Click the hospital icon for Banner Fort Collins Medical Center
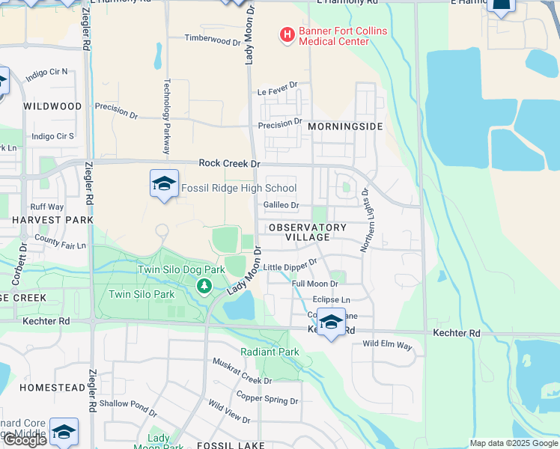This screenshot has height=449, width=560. click(x=286, y=34)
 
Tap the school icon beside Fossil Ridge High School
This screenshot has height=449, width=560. click(x=164, y=184)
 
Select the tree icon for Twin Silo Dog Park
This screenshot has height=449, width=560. click(x=203, y=285)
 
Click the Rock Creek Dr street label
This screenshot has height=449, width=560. click(x=229, y=163)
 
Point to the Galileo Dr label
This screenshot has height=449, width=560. click(x=281, y=205)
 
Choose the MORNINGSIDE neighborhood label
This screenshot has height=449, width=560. click(x=345, y=127)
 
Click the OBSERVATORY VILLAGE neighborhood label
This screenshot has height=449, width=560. click(x=307, y=232)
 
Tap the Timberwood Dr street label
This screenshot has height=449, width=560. click(x=212, y=39)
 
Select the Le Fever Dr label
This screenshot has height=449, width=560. click(x=278, y=92)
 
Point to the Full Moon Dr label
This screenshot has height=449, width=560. click(x=314, y=284)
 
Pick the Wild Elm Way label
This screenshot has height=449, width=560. click(x=387, y=345)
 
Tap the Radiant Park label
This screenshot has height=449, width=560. click(x=270, y=352)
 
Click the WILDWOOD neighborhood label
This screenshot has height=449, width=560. click(x=52, y=106)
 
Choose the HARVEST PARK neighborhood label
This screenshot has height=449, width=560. click(x=52, y=220)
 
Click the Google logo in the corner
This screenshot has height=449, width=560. click(x=25, y=440)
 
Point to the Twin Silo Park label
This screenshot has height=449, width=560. click(x=141, y=294)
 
